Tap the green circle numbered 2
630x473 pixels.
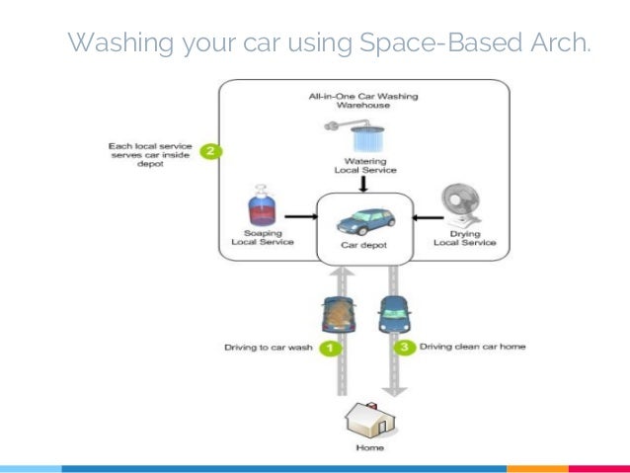point(208,151)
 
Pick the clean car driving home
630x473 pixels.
point(391,312)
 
